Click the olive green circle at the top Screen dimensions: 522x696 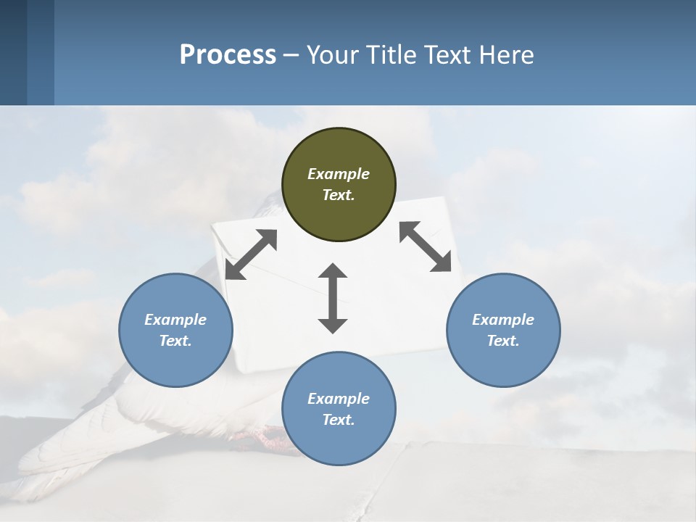339,184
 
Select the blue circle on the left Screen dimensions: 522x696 175,330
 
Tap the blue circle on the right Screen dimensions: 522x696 503,330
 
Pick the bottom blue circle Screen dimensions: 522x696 339,408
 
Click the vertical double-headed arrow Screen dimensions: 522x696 333,298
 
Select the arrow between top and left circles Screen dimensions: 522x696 251,254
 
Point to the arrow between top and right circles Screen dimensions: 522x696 426,246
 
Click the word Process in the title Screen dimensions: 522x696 228,54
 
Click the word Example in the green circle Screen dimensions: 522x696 339,174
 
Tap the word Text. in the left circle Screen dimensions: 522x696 175,341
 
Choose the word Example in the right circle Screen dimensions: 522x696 503,320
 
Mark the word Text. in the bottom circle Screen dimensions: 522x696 339,420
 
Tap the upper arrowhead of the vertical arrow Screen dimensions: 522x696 333,273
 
